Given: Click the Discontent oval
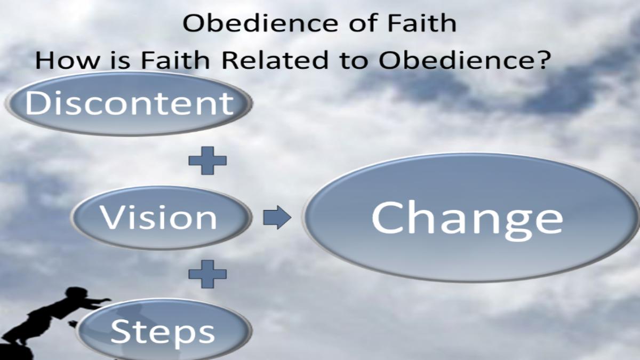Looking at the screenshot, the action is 129,103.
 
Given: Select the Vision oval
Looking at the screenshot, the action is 162,218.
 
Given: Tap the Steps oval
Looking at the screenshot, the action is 164,329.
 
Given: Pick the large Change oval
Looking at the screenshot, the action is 471,218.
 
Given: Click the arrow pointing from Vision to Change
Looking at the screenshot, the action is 277,218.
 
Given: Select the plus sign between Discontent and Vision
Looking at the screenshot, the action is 207,161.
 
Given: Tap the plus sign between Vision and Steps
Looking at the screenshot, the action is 207,274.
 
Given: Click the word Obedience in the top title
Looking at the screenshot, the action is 260,23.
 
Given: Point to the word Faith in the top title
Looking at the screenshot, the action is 422,22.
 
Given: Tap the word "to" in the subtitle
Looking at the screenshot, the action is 354,61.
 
